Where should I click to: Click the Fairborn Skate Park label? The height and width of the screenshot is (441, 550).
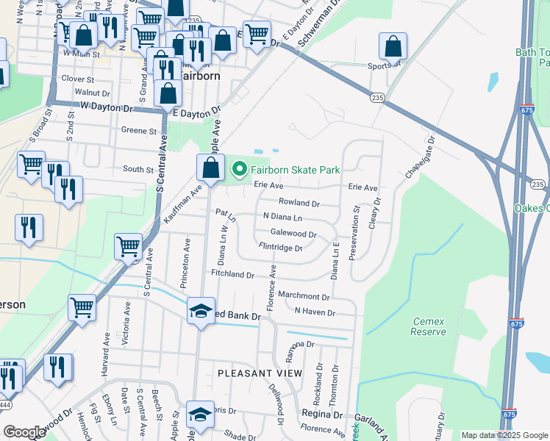pos(296,170)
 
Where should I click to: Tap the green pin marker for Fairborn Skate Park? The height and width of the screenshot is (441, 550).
pos(239,170)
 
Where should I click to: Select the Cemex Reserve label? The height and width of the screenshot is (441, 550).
pos(429,326)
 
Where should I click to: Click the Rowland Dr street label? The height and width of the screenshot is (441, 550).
pos(299,203)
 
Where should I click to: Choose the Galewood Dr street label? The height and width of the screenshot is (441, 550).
pos(293,234)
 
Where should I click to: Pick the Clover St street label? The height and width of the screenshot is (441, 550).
pos(79,79)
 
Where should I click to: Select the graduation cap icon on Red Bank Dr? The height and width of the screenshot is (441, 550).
pos(201,311)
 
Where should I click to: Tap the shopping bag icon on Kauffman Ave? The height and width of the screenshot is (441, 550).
pos(210,167)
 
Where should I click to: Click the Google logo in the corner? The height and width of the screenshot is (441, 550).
pos(24,431)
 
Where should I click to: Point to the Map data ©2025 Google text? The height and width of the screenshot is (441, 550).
pos(504,435)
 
